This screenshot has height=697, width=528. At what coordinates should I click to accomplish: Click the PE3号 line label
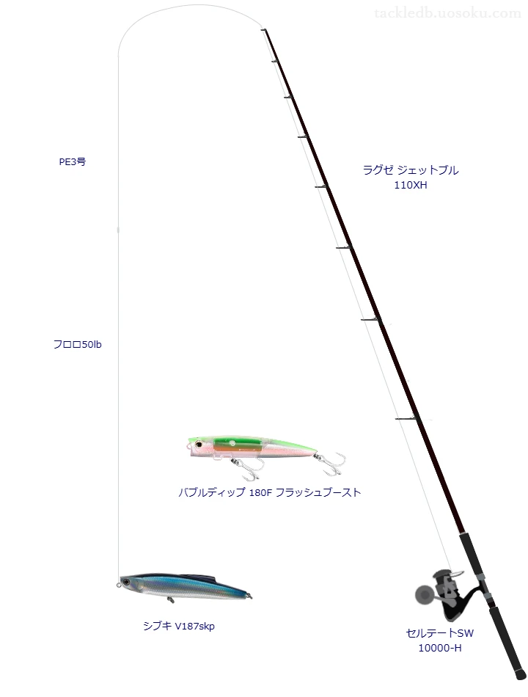[73, 162]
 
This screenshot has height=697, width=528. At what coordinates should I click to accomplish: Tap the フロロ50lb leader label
[77, 345]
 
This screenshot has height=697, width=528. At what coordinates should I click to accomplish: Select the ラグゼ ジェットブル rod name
[411, 170]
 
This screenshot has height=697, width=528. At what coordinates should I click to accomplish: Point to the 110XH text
[411, 186]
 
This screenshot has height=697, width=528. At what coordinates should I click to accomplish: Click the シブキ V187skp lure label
[179, 627]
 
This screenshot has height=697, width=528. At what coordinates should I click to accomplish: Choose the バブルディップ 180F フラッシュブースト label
[270, 492]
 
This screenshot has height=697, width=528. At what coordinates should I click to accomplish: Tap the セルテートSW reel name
[440, 633]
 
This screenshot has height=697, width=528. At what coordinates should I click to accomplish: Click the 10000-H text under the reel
[440, 648]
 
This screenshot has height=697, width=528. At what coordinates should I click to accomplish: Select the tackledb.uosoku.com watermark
[447, 13]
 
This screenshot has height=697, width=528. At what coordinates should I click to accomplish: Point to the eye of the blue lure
[127, 582]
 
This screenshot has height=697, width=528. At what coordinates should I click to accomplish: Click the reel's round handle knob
[422, 594]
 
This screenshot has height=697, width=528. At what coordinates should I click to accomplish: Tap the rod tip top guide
[263, 30]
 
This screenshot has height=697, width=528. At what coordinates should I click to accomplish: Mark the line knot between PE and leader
[118, 230]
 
